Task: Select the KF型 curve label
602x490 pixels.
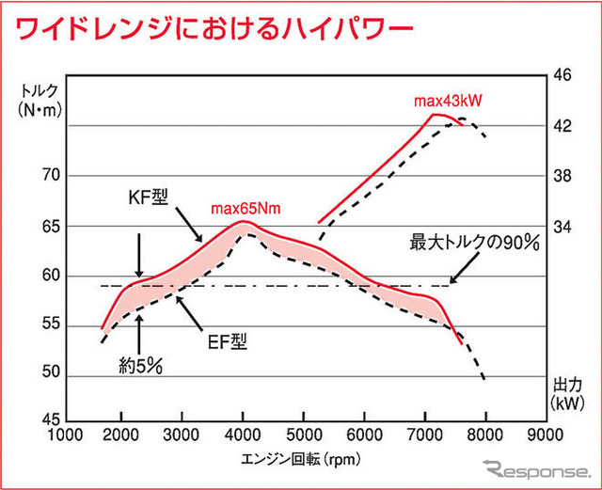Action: [150, 200]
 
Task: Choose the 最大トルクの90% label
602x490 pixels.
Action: [473, 243]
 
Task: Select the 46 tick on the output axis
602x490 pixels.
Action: [563, 75]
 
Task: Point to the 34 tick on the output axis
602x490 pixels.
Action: [563, 226]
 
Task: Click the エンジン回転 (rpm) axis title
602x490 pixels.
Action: [298, 458]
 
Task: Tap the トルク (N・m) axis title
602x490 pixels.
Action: [39, 101]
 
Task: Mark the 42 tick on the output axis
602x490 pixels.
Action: [563, 125]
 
